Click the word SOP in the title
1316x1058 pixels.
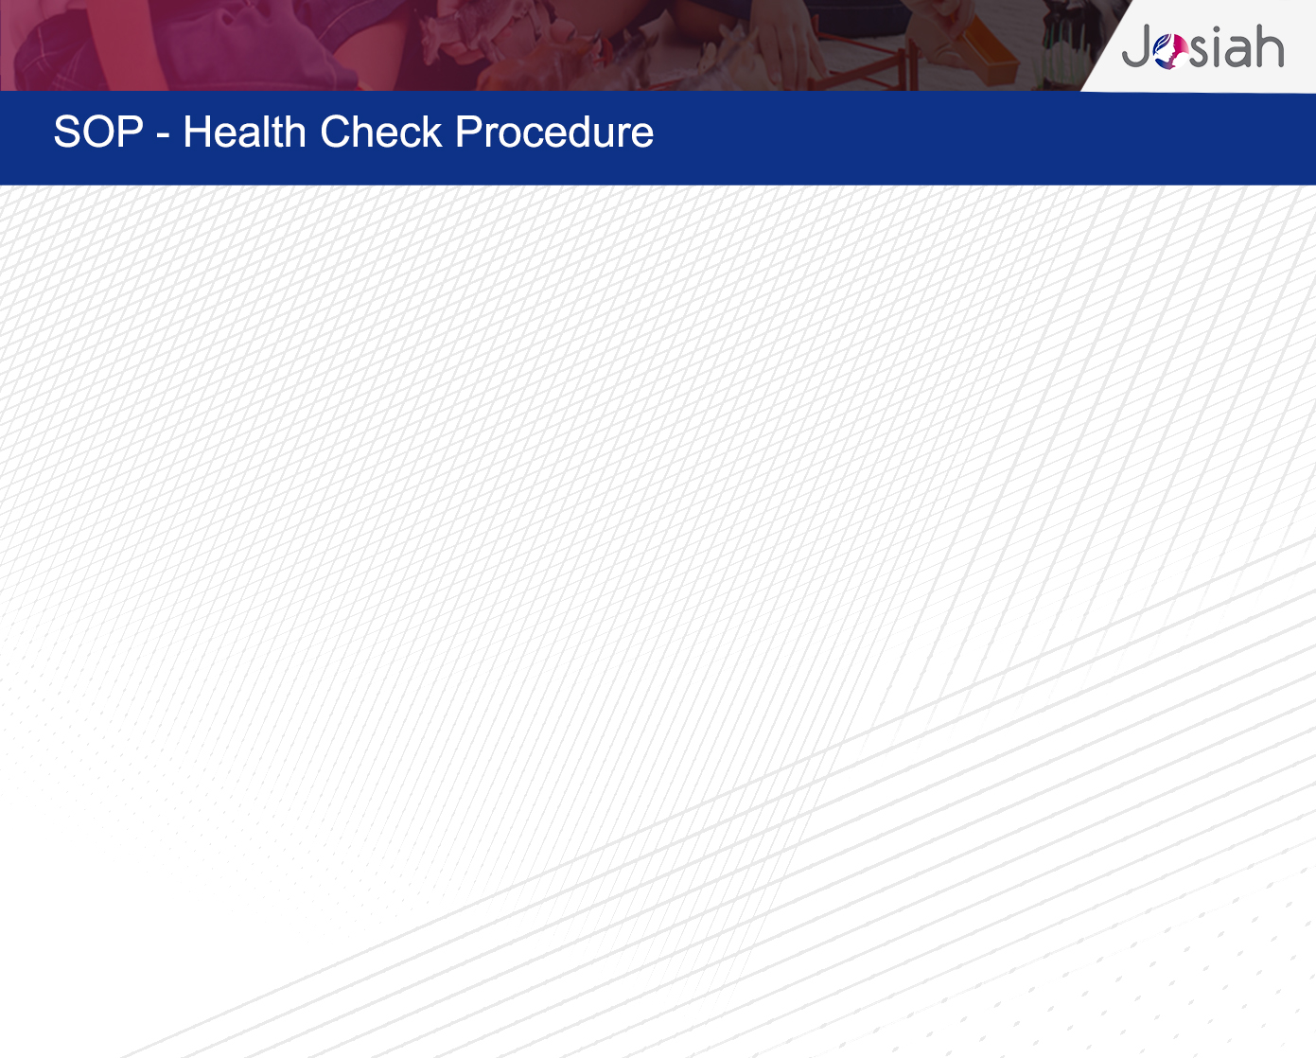click(x=98, y=132)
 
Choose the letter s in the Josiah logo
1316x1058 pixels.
click(x=1200, y=51)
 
